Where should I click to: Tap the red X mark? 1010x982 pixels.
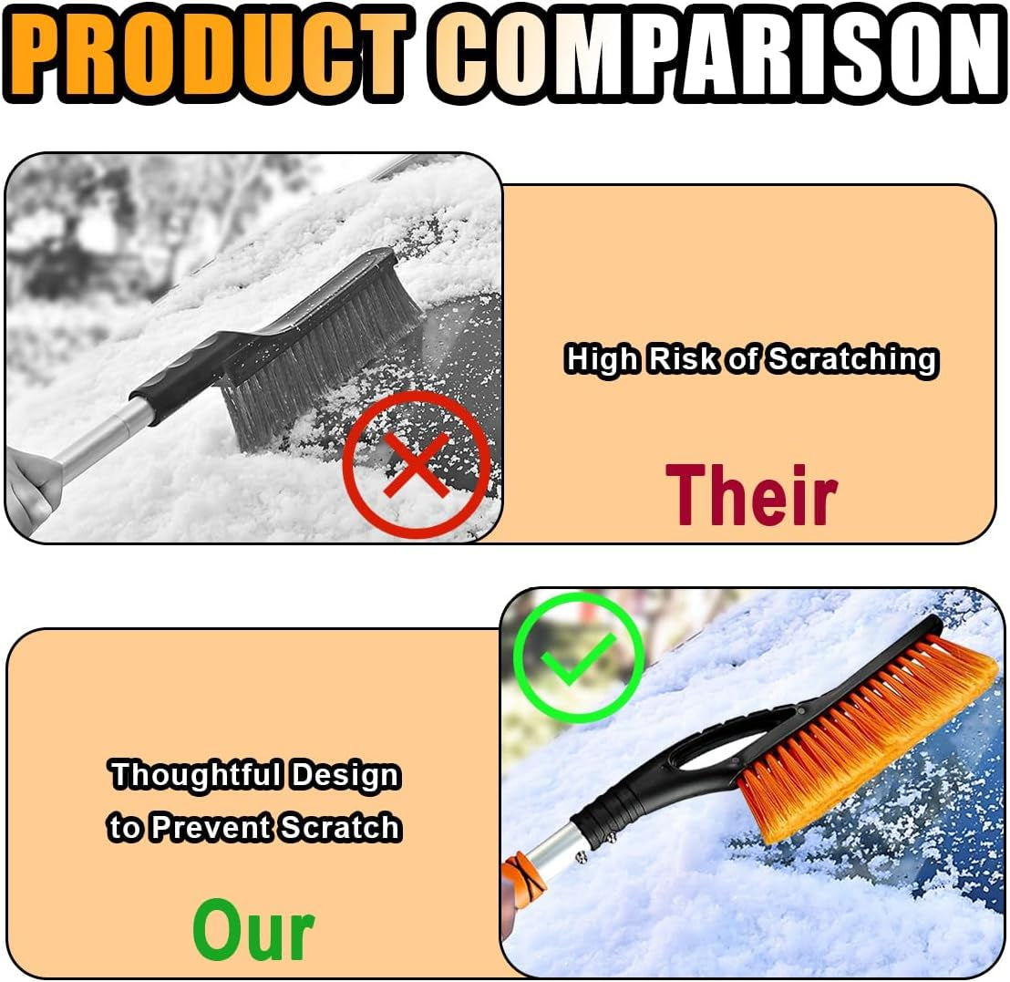[416, 465]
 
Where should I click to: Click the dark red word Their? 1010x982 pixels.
[750, 493]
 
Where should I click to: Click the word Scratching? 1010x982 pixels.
[850, 359]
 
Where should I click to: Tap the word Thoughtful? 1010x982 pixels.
[196, 776]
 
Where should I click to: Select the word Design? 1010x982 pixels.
[345, 776]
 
